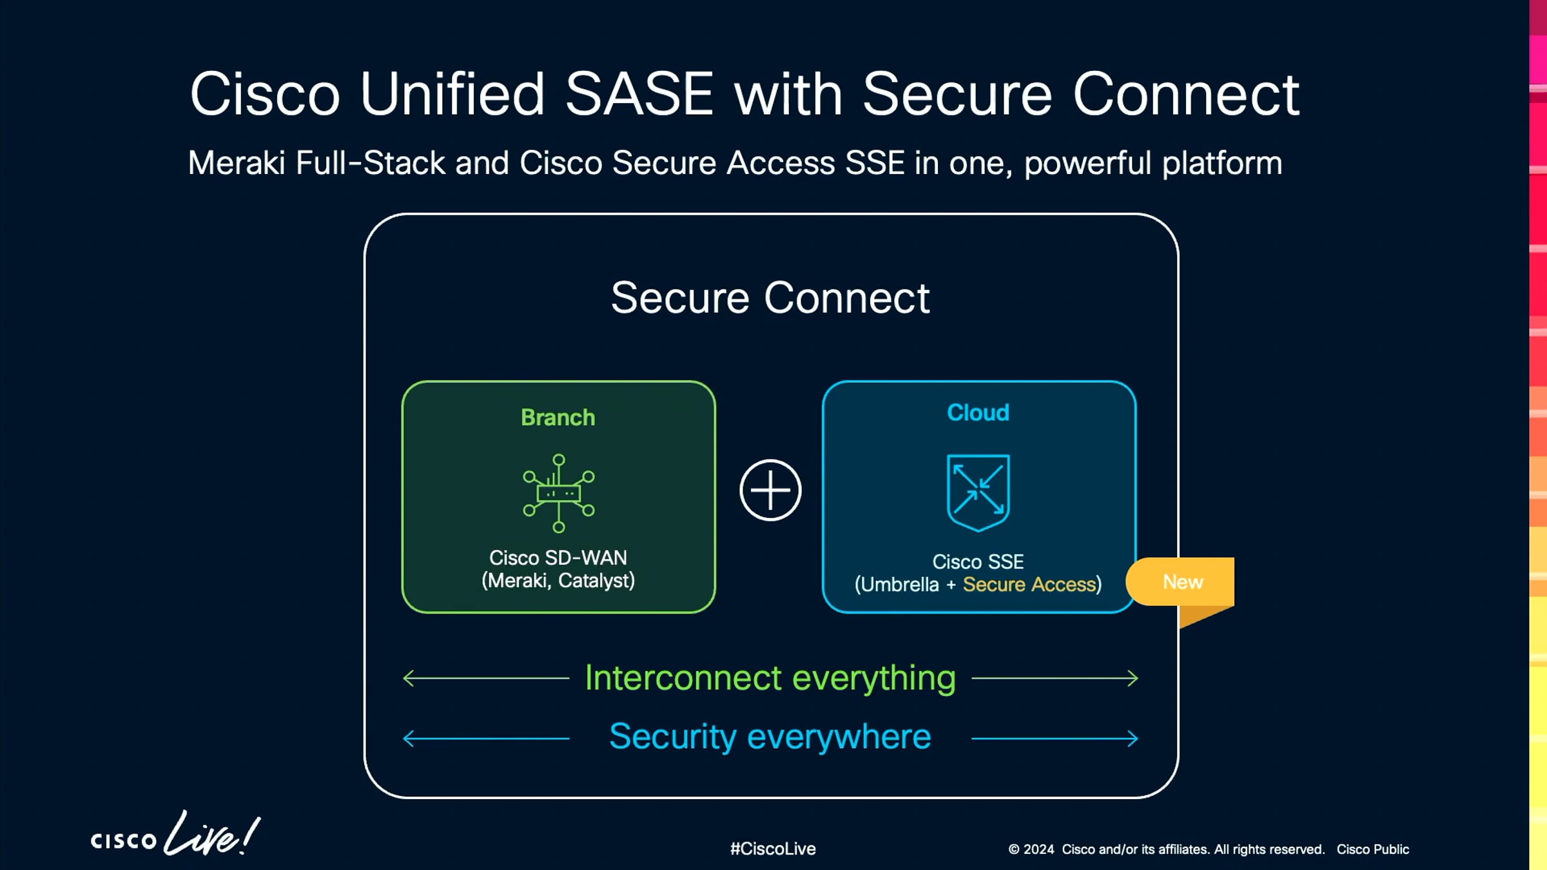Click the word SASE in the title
[x=639, y=95]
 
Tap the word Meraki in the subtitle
[x=236, y=163]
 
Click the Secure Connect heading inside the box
[x=770, y=298]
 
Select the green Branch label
[x=558, y=418]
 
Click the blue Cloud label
[x=978, y=412]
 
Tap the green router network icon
[x=558, y=493]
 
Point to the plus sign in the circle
[x=770, y=490]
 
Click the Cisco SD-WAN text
[x=558, y=557]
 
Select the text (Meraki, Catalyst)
[x=558, y=581]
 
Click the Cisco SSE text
[x=978, y=561]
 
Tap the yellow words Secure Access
[x=1029, y=585]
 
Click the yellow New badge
[x=1182, y=582]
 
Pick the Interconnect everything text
[x=770, y=678]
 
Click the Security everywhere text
[x=770, y=737]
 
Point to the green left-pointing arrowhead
[x=408, y=678]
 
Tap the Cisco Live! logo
[x=175, y=835]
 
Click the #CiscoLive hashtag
[x=772, y=849]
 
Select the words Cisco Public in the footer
[x=1372, y=849]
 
